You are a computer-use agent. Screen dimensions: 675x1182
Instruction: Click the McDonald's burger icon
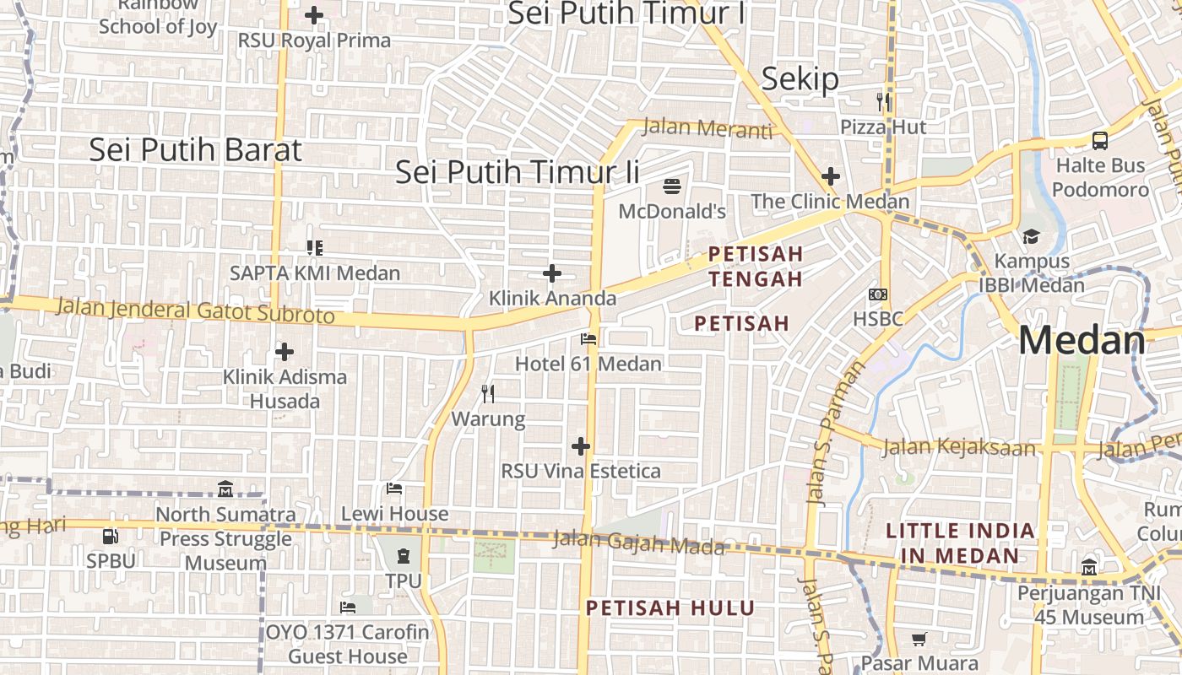coord(673,186)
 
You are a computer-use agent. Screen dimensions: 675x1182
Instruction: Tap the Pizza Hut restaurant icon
coord(883,102)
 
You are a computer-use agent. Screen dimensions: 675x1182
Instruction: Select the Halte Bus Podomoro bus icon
coord(1099,140)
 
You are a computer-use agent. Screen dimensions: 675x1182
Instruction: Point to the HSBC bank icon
coord(878,294)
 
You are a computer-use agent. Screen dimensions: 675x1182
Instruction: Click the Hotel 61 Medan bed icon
coord(588,339)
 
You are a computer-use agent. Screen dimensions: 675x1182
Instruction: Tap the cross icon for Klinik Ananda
coord(552,273)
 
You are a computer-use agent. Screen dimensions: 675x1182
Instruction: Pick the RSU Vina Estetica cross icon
coord(581,446)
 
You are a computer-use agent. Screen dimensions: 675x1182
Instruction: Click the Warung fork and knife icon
coord(488,393)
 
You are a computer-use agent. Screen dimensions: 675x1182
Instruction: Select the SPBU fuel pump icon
coord(111,536)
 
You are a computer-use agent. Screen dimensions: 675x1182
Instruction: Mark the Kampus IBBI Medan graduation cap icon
coord(1031,236)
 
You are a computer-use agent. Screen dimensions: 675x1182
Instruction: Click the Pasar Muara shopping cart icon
coord(919,639)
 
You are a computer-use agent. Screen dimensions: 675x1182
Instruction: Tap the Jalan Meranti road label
coord(708,128)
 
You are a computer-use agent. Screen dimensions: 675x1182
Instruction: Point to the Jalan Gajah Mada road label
coord(639,542)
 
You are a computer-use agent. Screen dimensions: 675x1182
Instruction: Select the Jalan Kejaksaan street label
coord(959,446)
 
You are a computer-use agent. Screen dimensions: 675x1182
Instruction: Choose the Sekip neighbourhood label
coord(800,79)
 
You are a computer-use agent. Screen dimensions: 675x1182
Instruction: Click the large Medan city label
coord(1082,340)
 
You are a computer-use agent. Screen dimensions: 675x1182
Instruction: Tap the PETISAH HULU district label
coord(670,607)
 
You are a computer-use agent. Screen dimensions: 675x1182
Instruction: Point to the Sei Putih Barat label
coord(195,150)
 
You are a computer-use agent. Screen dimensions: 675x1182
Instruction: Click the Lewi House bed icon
coord(394,489)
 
